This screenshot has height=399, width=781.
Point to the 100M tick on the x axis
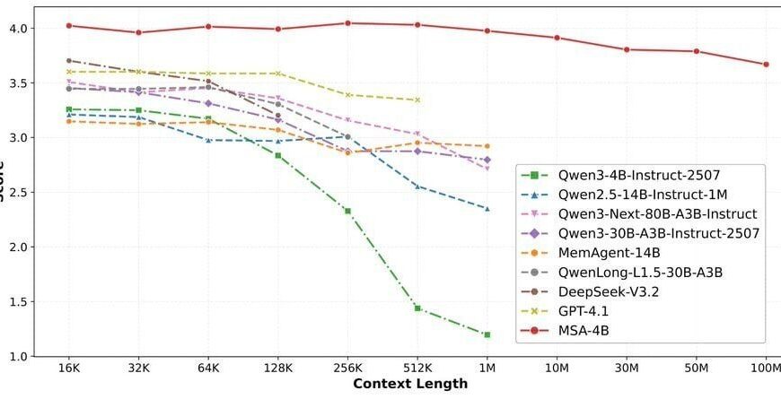(x=766, y=368)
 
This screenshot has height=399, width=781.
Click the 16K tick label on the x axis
(x=69, y=368)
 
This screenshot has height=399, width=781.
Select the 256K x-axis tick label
(x=347, y=368)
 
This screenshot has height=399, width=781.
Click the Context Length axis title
(x=410, y=384)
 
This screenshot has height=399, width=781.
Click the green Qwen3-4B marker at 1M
(x=487, y=334)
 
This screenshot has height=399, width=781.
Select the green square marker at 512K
(x=417, y=308)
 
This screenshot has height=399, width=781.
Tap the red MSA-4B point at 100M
(x=766, y=65)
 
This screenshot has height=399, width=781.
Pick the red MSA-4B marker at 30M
(x=627, y=49)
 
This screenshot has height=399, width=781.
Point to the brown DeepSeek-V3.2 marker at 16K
(x=69, y=61)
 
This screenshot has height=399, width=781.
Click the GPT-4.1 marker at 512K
(x=417, y=100)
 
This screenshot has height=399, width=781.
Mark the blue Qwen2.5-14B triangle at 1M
(x=487, y=209)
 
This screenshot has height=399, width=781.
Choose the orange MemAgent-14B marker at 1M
(x=487, y=146)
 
